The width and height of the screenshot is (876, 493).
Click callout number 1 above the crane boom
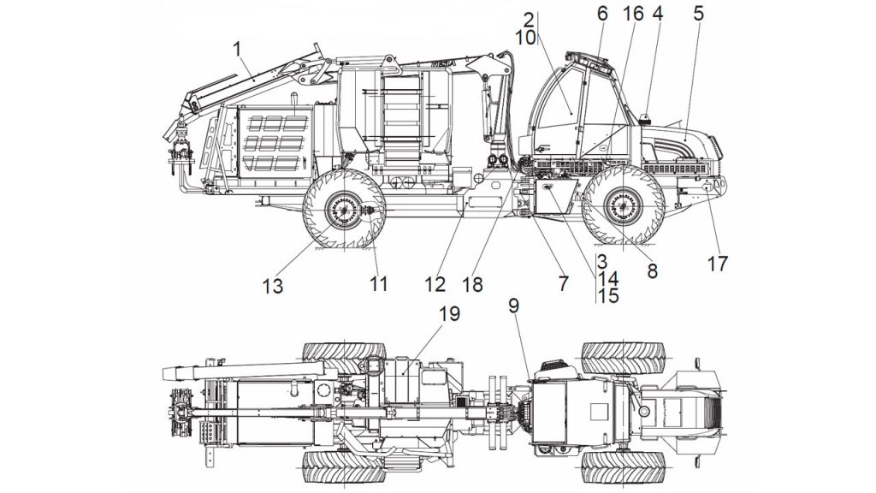point(238,49)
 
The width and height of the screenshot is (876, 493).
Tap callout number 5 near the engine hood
point(698,14)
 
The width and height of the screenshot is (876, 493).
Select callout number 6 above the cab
point(601,14)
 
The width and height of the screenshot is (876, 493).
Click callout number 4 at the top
point(658,14)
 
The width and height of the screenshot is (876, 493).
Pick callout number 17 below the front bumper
point(718,264)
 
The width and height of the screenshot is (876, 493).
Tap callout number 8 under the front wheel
point(652,271)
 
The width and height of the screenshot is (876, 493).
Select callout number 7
point(563,283)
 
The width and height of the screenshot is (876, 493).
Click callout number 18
point(472,284)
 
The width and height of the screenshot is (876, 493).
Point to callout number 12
point(435,284)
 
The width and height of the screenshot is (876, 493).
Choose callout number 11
point(378,284)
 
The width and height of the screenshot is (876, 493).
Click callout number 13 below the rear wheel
point(273,286)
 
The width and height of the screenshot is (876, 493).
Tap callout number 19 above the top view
point(449,313)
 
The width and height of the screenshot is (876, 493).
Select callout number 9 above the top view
point(513,306)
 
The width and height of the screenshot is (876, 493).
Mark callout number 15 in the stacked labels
point(608,295)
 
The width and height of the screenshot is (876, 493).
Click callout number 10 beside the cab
point(525,38)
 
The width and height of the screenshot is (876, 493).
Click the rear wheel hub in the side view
point(342,210)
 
